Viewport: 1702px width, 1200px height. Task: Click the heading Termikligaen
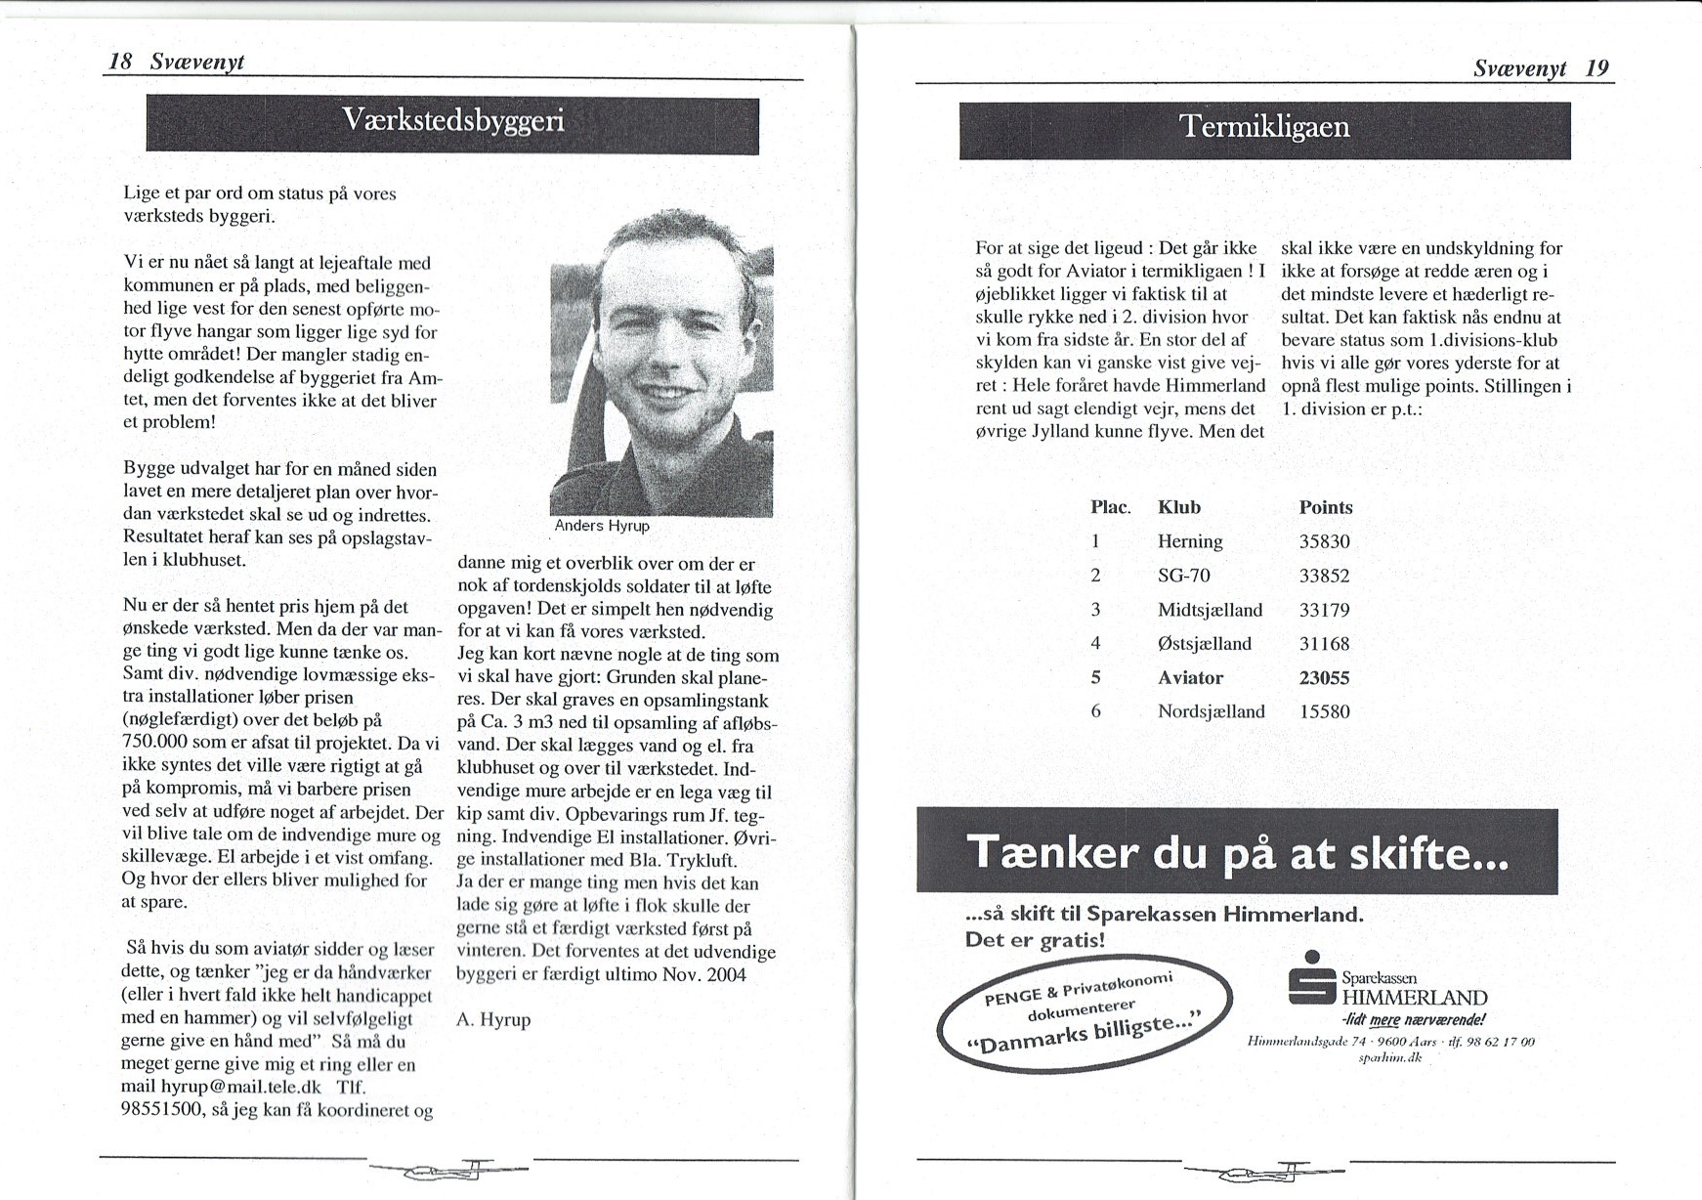tap(1264, 127)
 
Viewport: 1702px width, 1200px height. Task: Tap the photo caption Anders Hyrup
tap(602, 526)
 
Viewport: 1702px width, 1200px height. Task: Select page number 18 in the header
tap(120, 62)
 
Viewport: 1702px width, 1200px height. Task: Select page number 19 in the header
tap(1597, 67)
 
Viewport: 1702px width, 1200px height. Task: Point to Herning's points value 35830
tap(1324, 541)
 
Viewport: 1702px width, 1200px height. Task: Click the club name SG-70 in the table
tap(1183, 576)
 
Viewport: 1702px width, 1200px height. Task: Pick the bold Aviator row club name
tap(1190, 677)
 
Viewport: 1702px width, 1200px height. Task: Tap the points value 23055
tap(1324, 677)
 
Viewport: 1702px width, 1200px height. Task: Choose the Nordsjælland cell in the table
tap(1211, 711)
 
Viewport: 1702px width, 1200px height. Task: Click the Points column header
tap(1326, 507)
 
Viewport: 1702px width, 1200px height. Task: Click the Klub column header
tap(1178, 507)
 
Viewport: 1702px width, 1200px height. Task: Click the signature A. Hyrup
tap(493, 1019)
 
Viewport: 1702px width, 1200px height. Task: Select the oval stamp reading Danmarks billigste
tap(1084, 1012)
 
